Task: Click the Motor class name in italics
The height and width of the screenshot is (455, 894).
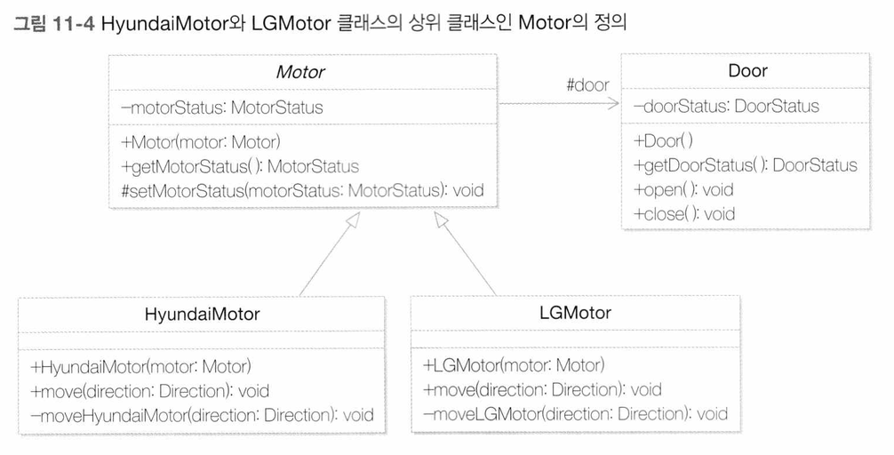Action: point(300,72)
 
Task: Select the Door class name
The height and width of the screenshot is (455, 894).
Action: point(747,71)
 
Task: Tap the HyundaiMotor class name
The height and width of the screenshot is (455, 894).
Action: point(202,315)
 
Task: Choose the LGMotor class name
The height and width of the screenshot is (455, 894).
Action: point(575,313)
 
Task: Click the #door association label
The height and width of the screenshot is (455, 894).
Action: point(587,85)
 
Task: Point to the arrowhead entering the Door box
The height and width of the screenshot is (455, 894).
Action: point(613,103)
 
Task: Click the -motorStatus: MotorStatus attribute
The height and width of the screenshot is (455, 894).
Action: point(222,108)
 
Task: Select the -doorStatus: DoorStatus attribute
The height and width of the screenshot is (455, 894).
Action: point(726,106)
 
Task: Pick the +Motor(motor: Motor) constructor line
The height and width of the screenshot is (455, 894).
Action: point(201,141)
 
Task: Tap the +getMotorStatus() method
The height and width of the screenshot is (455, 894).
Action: point(240,166)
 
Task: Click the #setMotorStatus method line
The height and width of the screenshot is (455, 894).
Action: point(302,190)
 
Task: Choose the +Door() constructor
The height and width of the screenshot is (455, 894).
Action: point(663,140)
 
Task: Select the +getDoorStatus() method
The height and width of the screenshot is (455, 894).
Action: point(746,165)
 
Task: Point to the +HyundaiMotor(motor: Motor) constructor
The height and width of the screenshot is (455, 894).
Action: point(140,367)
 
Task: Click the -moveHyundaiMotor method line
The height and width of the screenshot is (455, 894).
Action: point(202,414)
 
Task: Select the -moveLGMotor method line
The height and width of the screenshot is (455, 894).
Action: point(575,413)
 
